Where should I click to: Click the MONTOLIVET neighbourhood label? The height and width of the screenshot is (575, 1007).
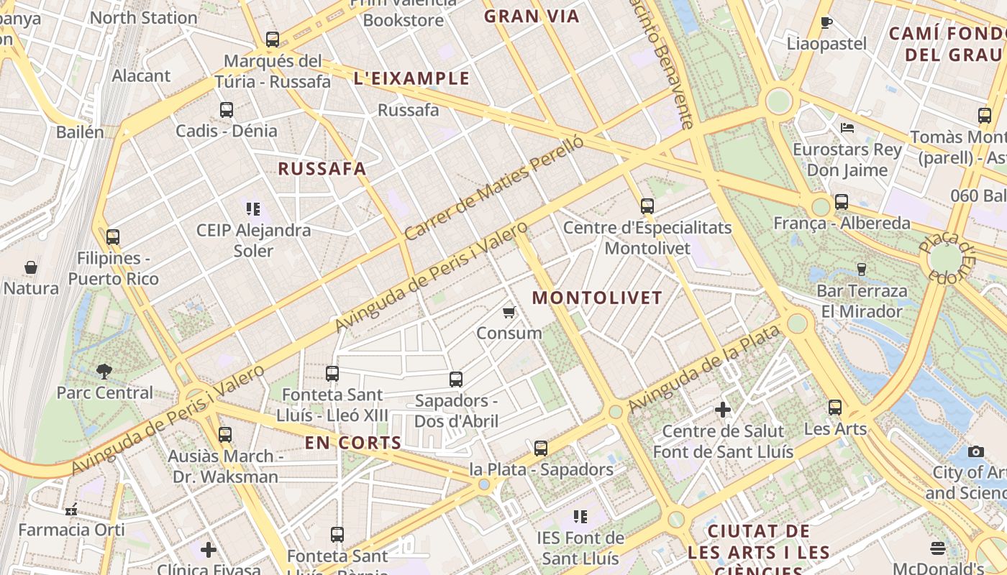[x=597, y=298]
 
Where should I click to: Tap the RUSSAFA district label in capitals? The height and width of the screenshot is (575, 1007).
[x=322, y=169]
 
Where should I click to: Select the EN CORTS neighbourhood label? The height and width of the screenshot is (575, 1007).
[x=352, y=443]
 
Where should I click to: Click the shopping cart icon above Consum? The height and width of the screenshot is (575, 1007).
[x=509, y=312]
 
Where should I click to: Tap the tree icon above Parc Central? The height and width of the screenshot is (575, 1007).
[x=104, y=372]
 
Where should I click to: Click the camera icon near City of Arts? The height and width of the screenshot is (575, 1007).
[x=975, y=451]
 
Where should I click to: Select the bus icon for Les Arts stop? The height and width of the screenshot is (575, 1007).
[x=834, y=408]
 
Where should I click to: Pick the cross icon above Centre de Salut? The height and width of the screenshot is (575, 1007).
[x=723, y=410]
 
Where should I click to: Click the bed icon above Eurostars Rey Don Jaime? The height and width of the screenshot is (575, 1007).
[x=847, y=128]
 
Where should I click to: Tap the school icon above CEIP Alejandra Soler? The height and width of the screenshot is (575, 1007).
[x=252, y=209]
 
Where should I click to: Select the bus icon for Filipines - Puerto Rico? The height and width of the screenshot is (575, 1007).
[x=112, y=236]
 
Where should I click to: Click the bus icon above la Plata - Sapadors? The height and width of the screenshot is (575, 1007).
[x=541, y=448]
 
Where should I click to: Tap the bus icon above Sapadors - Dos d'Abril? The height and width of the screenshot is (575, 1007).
[x=456, y=379]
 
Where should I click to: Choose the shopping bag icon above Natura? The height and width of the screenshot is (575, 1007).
[x=31, y=267]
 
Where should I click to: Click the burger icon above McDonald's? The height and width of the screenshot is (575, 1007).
[x=937, y=548]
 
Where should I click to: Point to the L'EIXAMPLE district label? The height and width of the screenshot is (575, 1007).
[x=411, y=79]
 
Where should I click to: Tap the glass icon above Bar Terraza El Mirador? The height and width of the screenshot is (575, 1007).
[x=861, y=270]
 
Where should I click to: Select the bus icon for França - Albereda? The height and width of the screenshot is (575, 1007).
[x=842, y=202]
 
